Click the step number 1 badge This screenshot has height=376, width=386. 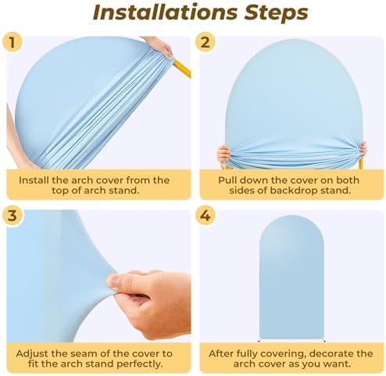point(12,42)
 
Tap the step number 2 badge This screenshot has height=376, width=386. point(206,42)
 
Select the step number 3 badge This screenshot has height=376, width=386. point(12,215)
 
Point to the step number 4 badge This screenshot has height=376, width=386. point(206,215)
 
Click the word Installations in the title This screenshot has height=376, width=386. point(165,12)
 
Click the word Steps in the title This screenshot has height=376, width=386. point(276,13)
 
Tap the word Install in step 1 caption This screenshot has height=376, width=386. point(34,180)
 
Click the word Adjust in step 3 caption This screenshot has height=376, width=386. point(32,353)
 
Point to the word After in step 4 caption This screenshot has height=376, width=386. point(221,353)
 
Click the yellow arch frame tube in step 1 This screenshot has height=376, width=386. point(183,69)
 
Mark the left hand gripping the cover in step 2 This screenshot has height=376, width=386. point(224,155)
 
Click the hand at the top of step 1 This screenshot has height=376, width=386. point(159,46)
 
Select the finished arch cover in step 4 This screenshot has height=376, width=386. point(291,277)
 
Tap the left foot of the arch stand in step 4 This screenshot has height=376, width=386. point(259,341)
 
